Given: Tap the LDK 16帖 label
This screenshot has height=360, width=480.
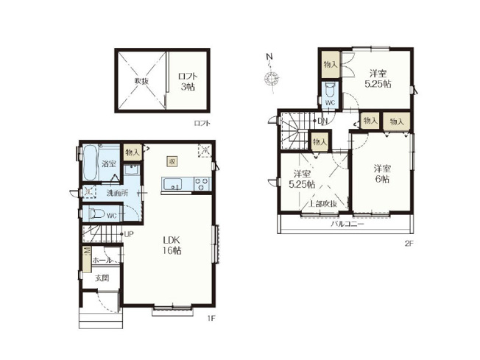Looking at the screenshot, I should click(173, 245).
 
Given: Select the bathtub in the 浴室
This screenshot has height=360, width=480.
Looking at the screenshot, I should click(89, 163).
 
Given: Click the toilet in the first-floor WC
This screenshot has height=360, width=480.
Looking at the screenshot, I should click(95, 214).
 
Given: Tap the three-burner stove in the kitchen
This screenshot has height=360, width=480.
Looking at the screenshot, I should click(200, 184).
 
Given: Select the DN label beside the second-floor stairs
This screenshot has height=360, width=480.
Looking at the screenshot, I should click(322, 121).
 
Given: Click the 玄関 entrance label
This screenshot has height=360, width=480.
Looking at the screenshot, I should click(101, 278).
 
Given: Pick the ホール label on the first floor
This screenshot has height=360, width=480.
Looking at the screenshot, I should click(102, 260).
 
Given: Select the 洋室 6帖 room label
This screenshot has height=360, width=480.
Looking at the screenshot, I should click(381, 173).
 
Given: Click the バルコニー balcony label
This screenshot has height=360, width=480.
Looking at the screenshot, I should click(347, 223).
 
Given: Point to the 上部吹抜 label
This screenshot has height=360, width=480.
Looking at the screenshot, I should click(322, 203).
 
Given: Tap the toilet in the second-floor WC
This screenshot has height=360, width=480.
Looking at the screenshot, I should click(329, 92).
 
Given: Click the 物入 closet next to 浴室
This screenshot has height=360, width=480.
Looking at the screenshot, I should click(132, 152).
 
